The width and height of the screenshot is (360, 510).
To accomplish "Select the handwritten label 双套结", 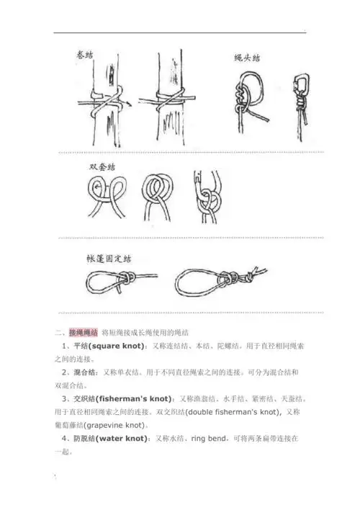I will tap(102, 166).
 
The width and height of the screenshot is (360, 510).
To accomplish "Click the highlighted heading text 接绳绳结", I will tap(83, 332).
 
